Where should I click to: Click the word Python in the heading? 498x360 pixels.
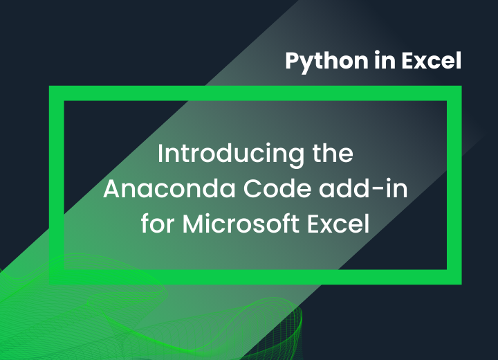(326, 62)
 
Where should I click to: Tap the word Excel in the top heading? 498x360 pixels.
(432, 60)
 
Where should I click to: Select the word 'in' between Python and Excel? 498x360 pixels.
(385, 60)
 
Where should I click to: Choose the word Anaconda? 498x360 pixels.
(169, 188)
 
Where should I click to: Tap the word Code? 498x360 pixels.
(277, 188)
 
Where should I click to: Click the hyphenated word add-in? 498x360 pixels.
(363, 188)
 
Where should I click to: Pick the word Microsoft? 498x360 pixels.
(241, 224)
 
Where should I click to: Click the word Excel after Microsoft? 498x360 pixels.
(338, 224)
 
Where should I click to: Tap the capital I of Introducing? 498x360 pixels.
(160, 153)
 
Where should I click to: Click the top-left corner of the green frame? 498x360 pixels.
(49, 86)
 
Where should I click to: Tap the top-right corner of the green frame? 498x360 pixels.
(461, 86)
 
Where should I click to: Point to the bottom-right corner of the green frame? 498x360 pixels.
(461, 285)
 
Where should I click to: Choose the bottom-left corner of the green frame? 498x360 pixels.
(49, 285)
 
